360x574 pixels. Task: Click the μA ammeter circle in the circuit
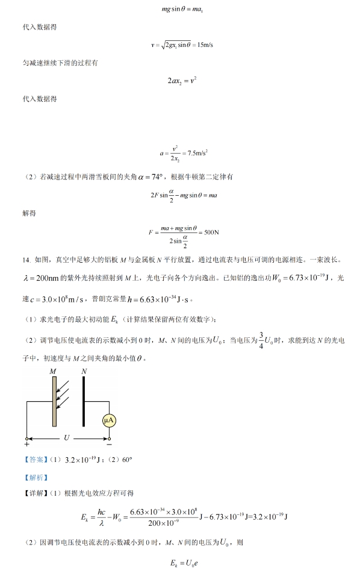(109, 420)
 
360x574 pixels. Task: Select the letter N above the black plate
(84, 372)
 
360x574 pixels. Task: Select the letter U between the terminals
(66, 438)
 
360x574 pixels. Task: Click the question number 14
(25, 260)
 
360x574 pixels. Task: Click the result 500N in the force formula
(209, 232)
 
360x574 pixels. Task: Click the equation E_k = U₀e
(180, 564)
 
